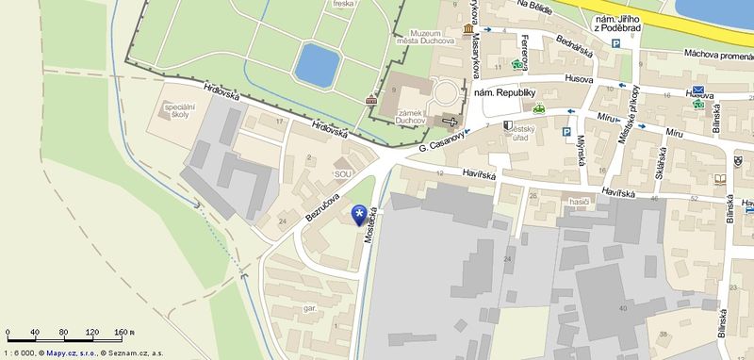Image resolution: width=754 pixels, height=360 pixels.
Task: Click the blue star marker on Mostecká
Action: click(359, 216)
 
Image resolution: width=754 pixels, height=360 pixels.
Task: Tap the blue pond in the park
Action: click(316, 64)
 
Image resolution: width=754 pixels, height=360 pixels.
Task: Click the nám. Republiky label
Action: click(504, 93)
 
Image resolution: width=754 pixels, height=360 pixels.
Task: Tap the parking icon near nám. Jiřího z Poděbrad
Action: click(615, 43)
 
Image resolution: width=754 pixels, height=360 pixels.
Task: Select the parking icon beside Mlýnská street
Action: click(566, 133)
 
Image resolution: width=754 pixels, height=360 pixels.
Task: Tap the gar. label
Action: click(309, 308)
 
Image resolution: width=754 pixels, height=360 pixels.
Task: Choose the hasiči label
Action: click(580, 203)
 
